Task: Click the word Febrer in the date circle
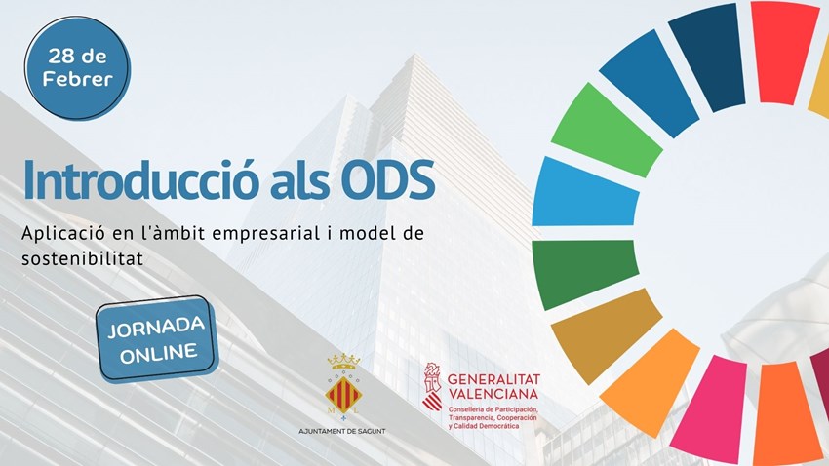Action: click(77, 79)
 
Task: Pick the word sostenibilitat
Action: click(84, 259)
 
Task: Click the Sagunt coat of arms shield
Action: click(342, 395)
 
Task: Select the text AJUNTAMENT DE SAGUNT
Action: click(341, 430)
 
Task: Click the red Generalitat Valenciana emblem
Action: click(431, 386)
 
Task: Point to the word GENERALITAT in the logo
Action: click(493, 377)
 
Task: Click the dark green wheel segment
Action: click(582, 273)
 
